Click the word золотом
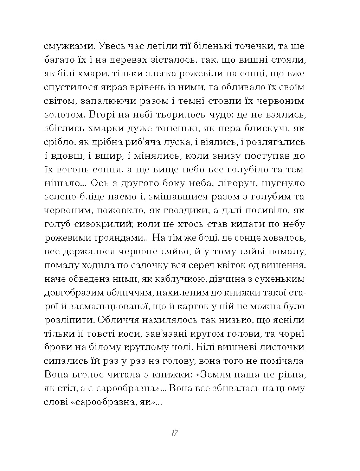pos(64,115)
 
